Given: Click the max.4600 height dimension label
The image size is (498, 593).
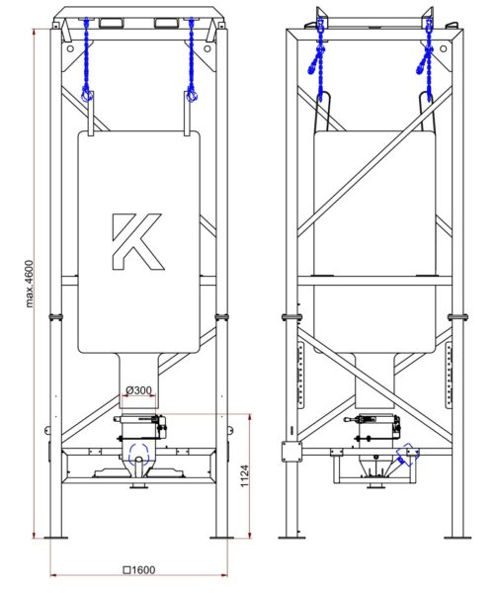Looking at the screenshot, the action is point(30,284).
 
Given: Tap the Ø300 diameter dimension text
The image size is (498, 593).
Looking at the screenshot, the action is point(138,390).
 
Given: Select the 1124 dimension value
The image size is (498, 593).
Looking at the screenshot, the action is point(245,475).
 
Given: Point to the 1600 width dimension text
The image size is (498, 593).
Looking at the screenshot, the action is point(139,569).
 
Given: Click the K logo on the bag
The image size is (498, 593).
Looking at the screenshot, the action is point(138,241).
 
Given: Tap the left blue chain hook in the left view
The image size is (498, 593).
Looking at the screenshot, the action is point(87,95).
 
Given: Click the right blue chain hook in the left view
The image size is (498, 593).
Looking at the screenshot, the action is point(192,95).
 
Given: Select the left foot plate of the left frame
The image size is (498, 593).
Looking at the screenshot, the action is point(56,538).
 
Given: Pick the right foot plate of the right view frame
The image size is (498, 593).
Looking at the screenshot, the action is point(457,538).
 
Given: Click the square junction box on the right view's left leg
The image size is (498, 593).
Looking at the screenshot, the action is point(291,452).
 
